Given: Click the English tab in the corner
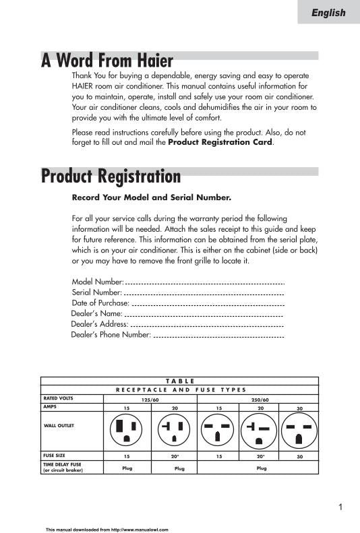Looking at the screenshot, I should pos(328,13).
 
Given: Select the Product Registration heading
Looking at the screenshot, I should pos(111,177).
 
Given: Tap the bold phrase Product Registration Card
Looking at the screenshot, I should pos(220,143).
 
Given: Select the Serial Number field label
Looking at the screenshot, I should pos(96,292).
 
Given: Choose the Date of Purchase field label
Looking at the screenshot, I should pos(100,303).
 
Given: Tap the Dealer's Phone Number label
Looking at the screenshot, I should pos(111,334).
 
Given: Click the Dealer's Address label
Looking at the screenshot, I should pos(99,324).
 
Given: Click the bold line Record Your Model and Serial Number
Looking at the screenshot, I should pos(151,198).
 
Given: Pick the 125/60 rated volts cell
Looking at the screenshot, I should pos(149,400).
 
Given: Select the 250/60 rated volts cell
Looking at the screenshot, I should pos(260,400).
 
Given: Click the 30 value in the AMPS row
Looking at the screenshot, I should pos(299,408).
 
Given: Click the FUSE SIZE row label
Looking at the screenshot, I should pos(54,456).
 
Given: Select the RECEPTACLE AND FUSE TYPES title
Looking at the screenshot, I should pos(181,389).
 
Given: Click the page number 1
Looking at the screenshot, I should pos(341,507).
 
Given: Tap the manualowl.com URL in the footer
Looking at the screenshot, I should pos(107,529).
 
